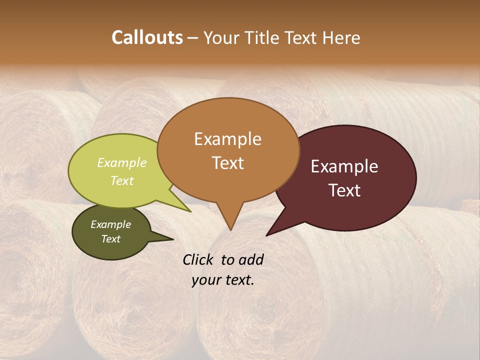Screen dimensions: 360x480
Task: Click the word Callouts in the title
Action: (147, 37)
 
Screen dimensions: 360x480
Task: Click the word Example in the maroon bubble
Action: (344, 166)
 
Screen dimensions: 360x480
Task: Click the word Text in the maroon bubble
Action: (344, 190)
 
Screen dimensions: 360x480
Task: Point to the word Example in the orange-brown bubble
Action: (227, 139)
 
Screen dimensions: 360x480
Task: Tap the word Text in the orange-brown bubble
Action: (227, 163)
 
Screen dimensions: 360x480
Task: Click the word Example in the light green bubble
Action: (121, 162)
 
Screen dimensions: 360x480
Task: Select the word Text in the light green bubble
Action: (121, 180)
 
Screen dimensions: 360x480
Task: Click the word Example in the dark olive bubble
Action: (110, 224)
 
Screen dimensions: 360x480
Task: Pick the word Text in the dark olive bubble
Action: (110, 239)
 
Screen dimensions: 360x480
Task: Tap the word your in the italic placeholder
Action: (205, 279)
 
